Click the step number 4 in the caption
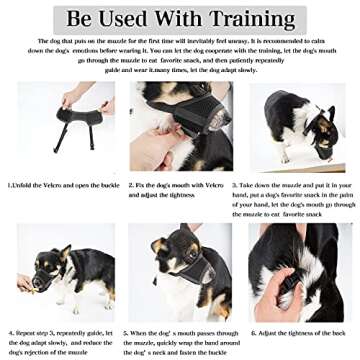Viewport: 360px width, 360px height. pyautogui.click(x=10, y=331)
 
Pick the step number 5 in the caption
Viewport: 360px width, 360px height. pyautogui.click(x=126, y=331)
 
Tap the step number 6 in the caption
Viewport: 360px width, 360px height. pyautogui.click(x=254, y=331)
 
